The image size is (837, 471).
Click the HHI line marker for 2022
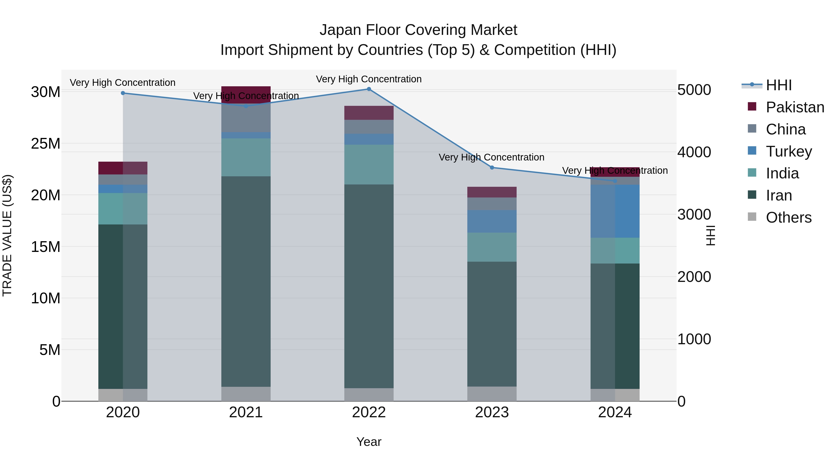tap(369, 89)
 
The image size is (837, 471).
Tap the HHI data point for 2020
tap(123, 93)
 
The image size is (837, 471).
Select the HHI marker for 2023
tap(492, 168)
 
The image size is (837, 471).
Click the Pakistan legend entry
tap(795, 107)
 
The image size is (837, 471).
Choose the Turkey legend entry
tap(789, 151)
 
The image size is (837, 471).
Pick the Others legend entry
tap(789, 217)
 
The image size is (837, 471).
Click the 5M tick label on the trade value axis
tap(50, 350)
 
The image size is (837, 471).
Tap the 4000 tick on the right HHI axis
tap(694, 152)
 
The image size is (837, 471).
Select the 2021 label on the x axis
tap(246, 412)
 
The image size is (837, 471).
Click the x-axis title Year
tap(369, 442)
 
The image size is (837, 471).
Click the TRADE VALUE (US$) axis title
tap(7, 235)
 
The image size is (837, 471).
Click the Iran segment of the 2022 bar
tap(369, 286)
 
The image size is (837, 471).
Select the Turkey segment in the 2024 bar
tap(615, 211)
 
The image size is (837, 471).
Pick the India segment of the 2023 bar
tap(492, 247)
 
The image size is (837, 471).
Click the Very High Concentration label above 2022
tap(369, 79)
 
